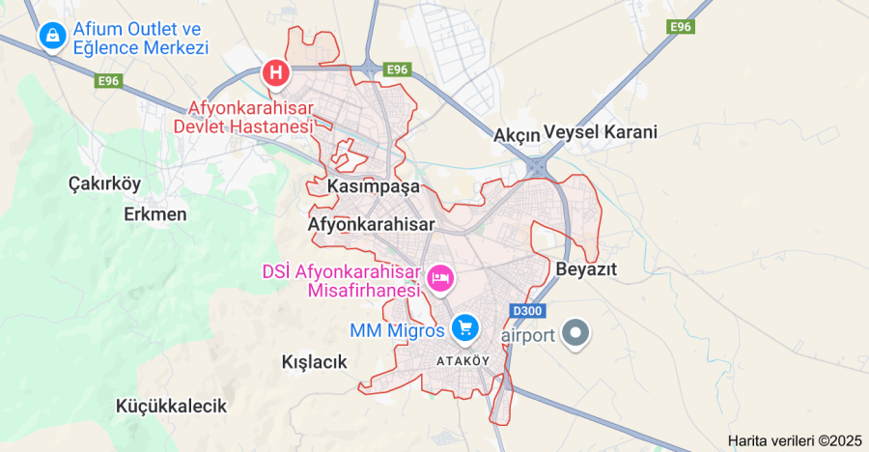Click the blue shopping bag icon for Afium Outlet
(51, 37)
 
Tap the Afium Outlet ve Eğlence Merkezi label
(140, 38)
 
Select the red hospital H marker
(276, 72)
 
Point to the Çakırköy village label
(104, 183)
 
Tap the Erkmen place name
(155, 213)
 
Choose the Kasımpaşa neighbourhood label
(374, 184)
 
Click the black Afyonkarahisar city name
(372, 224)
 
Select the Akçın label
(516, 134)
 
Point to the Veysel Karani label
(600, 131)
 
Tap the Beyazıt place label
(586, 268)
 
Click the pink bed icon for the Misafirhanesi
(440, 279)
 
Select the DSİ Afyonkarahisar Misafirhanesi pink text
(341, 280)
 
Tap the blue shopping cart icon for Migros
(465, 328)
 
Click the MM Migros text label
(397, 330)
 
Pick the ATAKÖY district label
(463, 360)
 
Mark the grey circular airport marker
(576, 334)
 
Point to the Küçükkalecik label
(171, 406)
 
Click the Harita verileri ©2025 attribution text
(795, 440)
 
